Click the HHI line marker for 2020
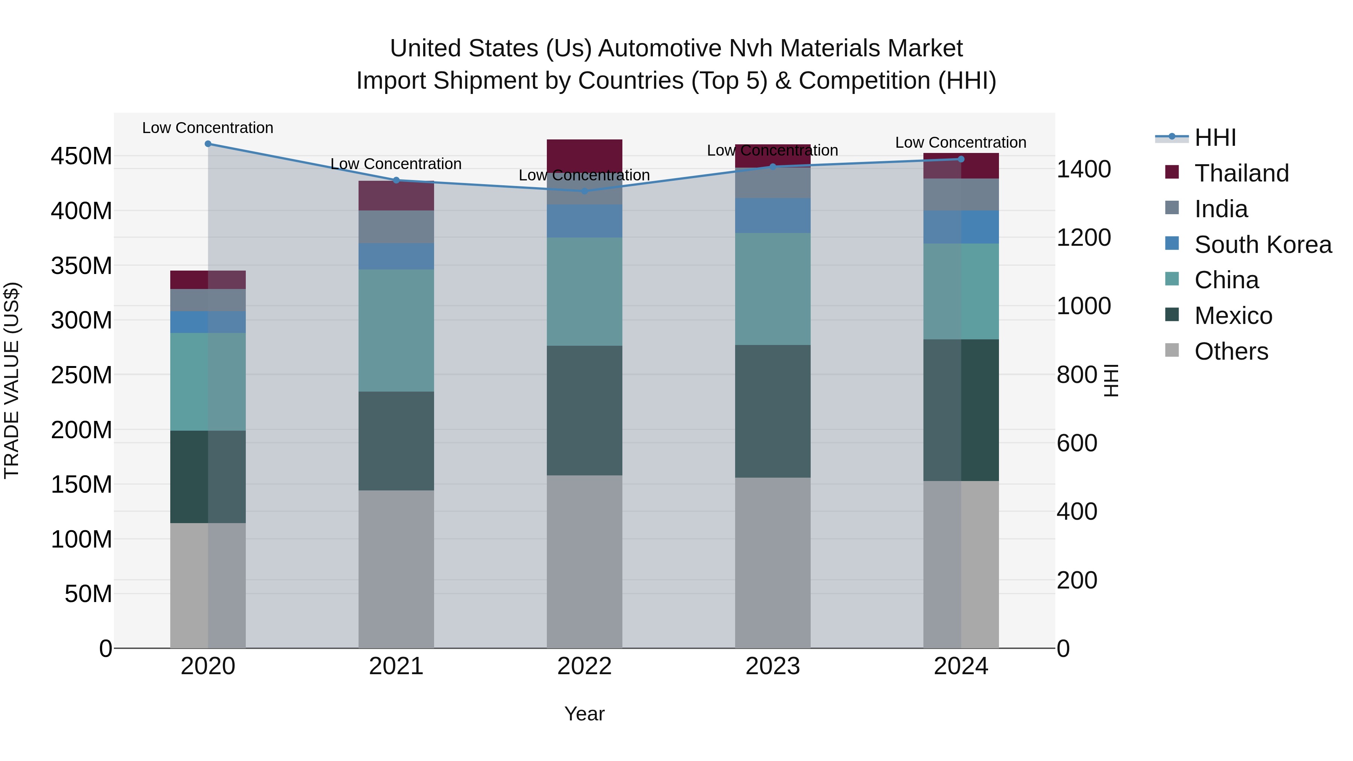pos(208,144)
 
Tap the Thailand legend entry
pos(1241,173)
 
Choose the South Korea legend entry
pos(1262,245)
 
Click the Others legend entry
pos(1230,351)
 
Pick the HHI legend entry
pos(1214,138)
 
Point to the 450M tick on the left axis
pos(82,156)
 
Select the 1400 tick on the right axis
pos(1083,169)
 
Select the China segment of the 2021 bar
pos(396,330)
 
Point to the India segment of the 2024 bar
pos(961,194)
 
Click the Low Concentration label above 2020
pos(208,128)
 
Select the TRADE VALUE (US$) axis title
pos(12,380)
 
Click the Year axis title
pos(584,714)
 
